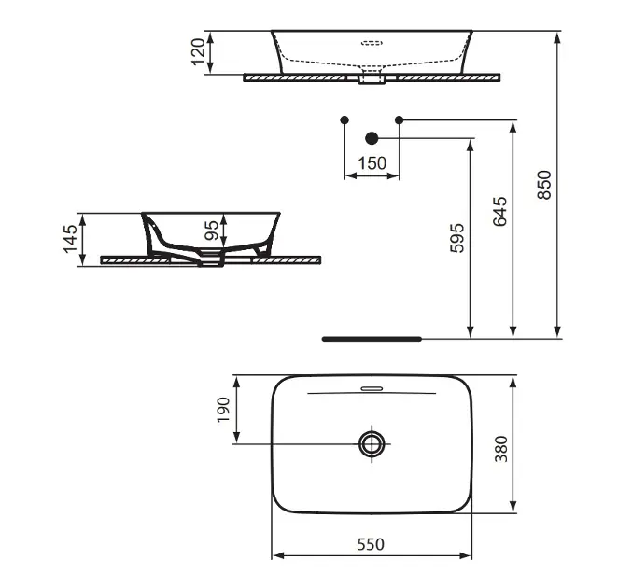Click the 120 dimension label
(198, 51)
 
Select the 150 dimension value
(372, 163)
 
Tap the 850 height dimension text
(544, 185)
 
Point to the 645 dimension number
(500, 212)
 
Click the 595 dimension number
(457, 238)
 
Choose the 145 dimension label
(70, 239)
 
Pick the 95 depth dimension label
(211, 231)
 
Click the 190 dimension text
(223, 410)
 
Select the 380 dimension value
(501, 449)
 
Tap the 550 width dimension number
(371, 544)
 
